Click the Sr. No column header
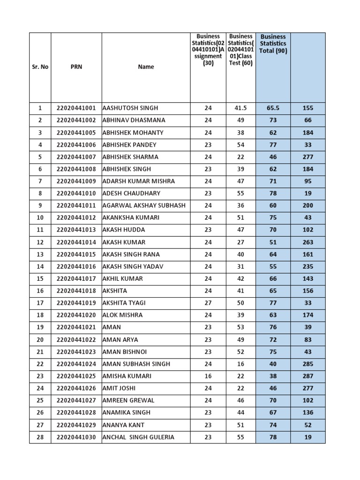40,67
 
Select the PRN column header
76,67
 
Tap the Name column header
146,67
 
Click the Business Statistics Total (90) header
273,44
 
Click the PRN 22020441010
76,193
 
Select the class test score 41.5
240,108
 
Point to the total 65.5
273,108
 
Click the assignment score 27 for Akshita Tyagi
208,303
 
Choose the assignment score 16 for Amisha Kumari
208,376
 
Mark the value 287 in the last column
307,376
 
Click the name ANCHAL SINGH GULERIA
138,437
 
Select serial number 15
40,278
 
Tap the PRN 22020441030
76,437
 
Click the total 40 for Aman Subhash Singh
273,364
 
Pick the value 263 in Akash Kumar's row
307,242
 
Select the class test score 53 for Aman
240,327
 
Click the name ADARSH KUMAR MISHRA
138,181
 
